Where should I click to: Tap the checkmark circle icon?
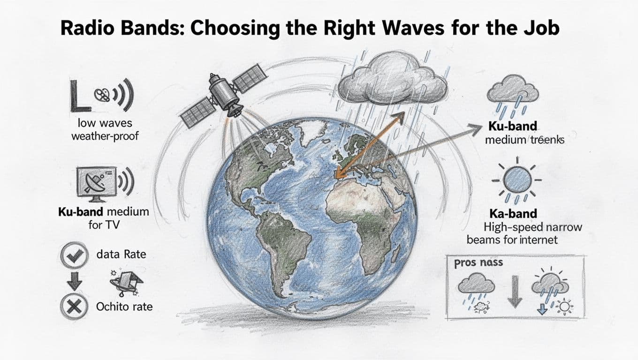click(74, 255)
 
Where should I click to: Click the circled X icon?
click(74, 307)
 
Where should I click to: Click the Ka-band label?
click(513, 214)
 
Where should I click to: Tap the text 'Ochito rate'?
click(124, 307)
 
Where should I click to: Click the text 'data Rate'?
click(121, 255)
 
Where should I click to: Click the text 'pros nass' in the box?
click(478, 263)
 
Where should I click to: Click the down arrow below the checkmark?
click(74, 280)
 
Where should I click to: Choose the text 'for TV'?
click(104, 225)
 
